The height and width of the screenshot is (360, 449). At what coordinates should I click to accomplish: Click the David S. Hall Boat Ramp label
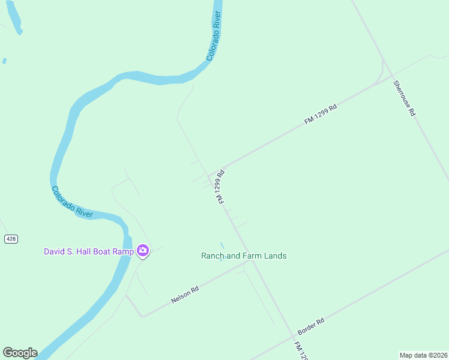tap(88, 251)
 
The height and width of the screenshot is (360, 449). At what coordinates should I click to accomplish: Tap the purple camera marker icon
tap(143, 251)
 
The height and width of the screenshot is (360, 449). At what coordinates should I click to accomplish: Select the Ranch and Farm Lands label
tap(243, 256)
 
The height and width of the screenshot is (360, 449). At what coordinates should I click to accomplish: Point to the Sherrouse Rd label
tap(404, 98)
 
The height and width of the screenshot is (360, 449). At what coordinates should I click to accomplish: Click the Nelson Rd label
tap(185, 294)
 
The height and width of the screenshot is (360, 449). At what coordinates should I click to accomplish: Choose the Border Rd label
tap(311, 326)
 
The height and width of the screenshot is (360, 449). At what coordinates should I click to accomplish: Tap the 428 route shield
tap(11, 239)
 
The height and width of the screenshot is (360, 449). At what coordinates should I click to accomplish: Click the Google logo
tap(20, 353)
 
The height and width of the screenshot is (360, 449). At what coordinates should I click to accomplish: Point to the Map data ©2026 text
tap(423, 355)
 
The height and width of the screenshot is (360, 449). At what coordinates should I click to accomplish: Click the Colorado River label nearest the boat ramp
tap(72, 202)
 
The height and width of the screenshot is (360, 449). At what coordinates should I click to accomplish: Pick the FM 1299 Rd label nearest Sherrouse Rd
tap(321, 114)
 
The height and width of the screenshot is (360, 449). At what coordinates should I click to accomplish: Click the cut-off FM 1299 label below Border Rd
tap(301, 351)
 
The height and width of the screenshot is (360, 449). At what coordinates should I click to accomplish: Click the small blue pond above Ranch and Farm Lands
tap(222, 245)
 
